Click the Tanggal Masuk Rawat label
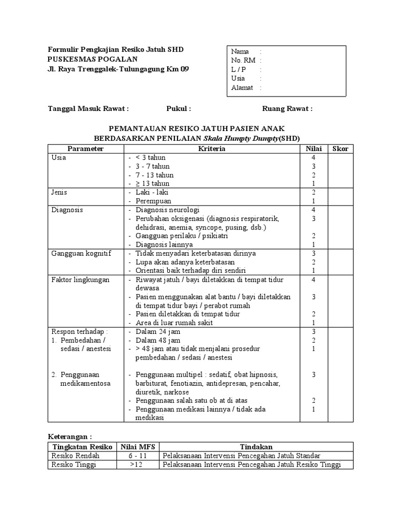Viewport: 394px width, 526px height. [88, 109]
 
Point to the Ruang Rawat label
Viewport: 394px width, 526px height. [287, 109]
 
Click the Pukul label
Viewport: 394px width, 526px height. [179, 109]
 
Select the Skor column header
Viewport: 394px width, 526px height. [340, 149]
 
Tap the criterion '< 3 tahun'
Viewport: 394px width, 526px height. [150, 158]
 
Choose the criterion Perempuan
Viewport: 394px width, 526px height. [153, 201]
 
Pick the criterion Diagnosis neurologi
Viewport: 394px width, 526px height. [167, 210]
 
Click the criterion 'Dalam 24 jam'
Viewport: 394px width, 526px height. [158, 332]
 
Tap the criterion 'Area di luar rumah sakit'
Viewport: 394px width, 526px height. [174, 323]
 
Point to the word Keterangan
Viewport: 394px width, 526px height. [69, 436]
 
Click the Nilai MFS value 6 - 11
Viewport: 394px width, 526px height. [137, 456]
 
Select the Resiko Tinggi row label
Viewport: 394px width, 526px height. [74, 465]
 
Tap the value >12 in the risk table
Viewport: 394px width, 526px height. [137, 465]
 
